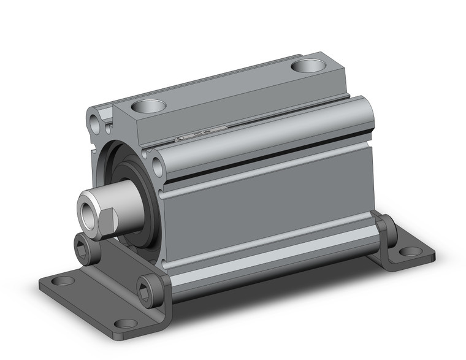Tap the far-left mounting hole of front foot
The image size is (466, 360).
click(x=62, y=281)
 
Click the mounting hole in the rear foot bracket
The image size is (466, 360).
click(x=407, y=251)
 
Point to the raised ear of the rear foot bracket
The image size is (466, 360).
click(x=384, y=227)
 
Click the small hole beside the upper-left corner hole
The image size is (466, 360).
click(x=109, y=129)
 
